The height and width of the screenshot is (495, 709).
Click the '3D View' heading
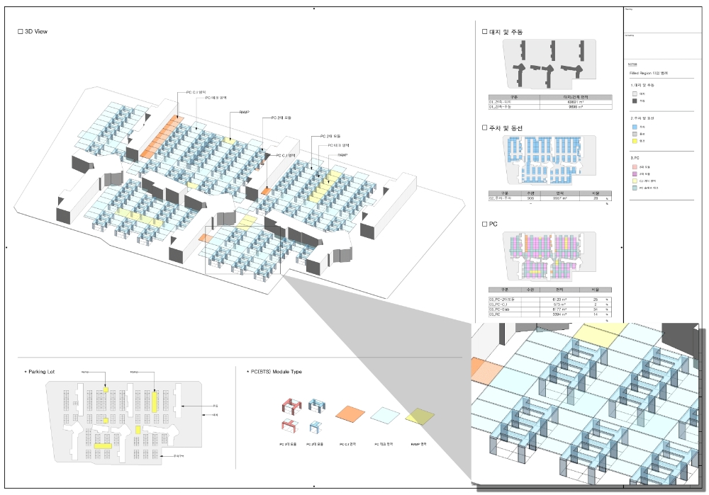point(36,32)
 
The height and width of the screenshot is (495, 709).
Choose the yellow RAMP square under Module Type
point(421,418)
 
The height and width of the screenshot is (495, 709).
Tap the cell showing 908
point(529,198)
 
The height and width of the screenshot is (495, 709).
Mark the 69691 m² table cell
point(575,102)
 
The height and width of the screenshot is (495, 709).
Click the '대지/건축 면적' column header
point(575,96)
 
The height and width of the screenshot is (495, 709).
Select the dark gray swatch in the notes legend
point(634,101)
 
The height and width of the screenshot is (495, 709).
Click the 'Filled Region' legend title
point(648,73)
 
